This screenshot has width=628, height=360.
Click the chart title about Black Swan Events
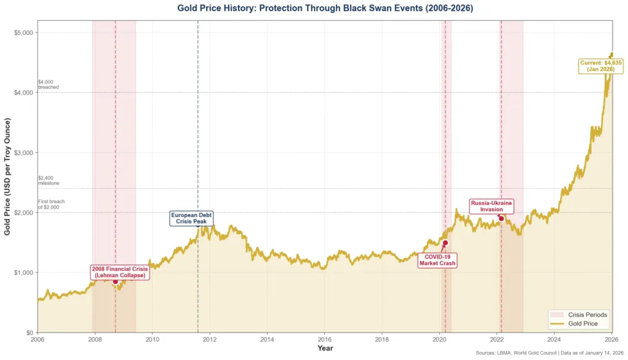[x=325, y=8]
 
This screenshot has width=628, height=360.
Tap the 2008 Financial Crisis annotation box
[x=120, y=272]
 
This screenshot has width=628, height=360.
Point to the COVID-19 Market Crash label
[x=437, y=260]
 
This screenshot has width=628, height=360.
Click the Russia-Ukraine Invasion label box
[x=491, y=206]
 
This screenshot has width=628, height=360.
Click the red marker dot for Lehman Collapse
[x=115, y=281]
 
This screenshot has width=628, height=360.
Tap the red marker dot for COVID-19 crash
[x=445, y=243]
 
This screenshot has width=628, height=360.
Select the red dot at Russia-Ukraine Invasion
[x=501, y=219]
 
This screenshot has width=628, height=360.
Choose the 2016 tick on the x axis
[x=325, y=339]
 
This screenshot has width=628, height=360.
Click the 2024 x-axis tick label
[x=554, y=339]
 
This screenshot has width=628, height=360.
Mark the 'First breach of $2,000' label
[x=51, y=204]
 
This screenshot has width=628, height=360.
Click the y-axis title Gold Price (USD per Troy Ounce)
[x=8, y=177]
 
